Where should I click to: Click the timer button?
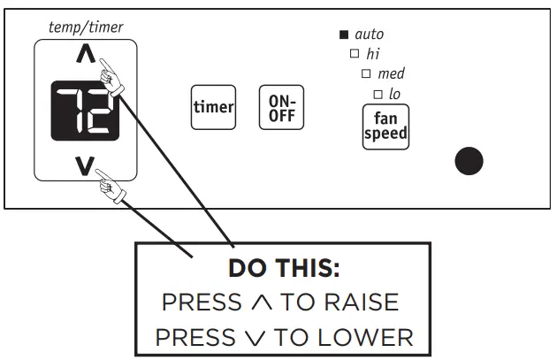coord(213,108)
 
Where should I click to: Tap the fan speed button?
coord(385,126)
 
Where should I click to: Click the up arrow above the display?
coord(85,56)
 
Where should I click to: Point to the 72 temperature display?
coord(85,111)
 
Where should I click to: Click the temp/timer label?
coord(86,27)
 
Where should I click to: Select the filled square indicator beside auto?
coord(344,34)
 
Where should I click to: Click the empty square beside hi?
coord(355,54)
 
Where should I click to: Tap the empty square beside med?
coord(366,73)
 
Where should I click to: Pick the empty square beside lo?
coord(378,94)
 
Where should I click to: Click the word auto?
coord(369,34)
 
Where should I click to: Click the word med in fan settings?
coord(391,73)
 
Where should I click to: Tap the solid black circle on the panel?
coord(469,161)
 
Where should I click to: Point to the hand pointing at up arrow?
coord(111,71)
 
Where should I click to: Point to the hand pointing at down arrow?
coord(113,183)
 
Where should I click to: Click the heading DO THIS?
coord(283,268)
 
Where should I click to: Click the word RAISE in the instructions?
coord(361,303)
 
